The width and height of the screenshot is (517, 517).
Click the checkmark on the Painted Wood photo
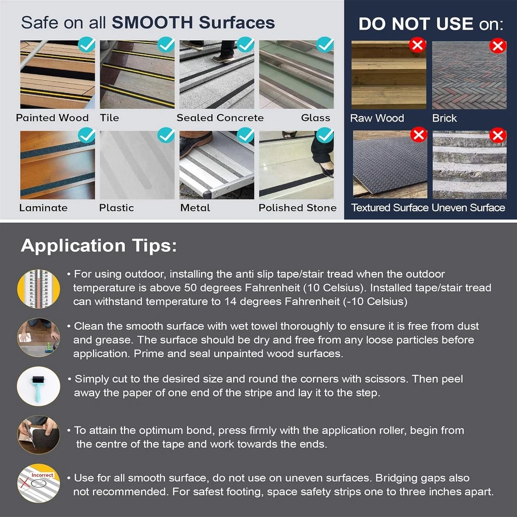87,44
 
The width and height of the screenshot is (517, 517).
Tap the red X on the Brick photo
497,46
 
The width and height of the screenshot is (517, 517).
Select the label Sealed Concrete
220,118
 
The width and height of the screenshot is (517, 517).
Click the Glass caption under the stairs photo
315,118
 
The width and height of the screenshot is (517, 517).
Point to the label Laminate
43,208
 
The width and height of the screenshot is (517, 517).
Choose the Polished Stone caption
297,208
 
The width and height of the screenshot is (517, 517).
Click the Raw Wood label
377,118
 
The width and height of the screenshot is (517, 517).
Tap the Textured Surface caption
389,207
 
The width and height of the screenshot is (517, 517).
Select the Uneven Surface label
468,207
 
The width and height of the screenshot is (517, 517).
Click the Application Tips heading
99,246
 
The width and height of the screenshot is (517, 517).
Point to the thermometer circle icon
39,289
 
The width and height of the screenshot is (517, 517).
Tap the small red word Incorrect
42,475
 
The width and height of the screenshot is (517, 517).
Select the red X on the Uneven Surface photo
497,135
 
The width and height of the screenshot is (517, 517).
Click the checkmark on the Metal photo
246,135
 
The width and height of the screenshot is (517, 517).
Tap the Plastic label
116,208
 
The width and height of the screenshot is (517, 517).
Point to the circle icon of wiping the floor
39,337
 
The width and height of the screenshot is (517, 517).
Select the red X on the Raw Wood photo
417,45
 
